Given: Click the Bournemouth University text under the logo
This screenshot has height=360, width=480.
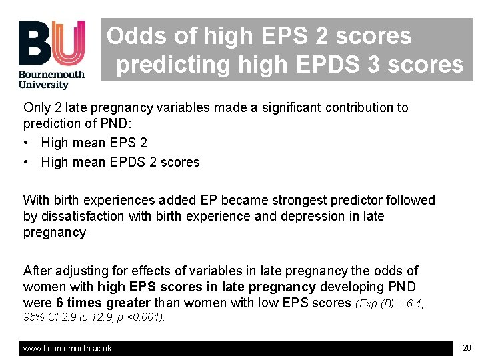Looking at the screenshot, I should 51,79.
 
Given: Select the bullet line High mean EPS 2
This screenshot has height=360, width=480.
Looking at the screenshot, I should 94,143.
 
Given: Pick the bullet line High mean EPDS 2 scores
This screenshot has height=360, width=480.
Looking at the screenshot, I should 120,162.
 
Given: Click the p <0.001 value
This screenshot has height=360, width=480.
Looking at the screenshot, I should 147,317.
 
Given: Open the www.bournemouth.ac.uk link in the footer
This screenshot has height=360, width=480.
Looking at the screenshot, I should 67,348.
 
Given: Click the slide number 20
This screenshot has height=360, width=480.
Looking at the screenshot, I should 466,347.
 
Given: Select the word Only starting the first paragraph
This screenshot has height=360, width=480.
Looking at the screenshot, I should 35,107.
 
